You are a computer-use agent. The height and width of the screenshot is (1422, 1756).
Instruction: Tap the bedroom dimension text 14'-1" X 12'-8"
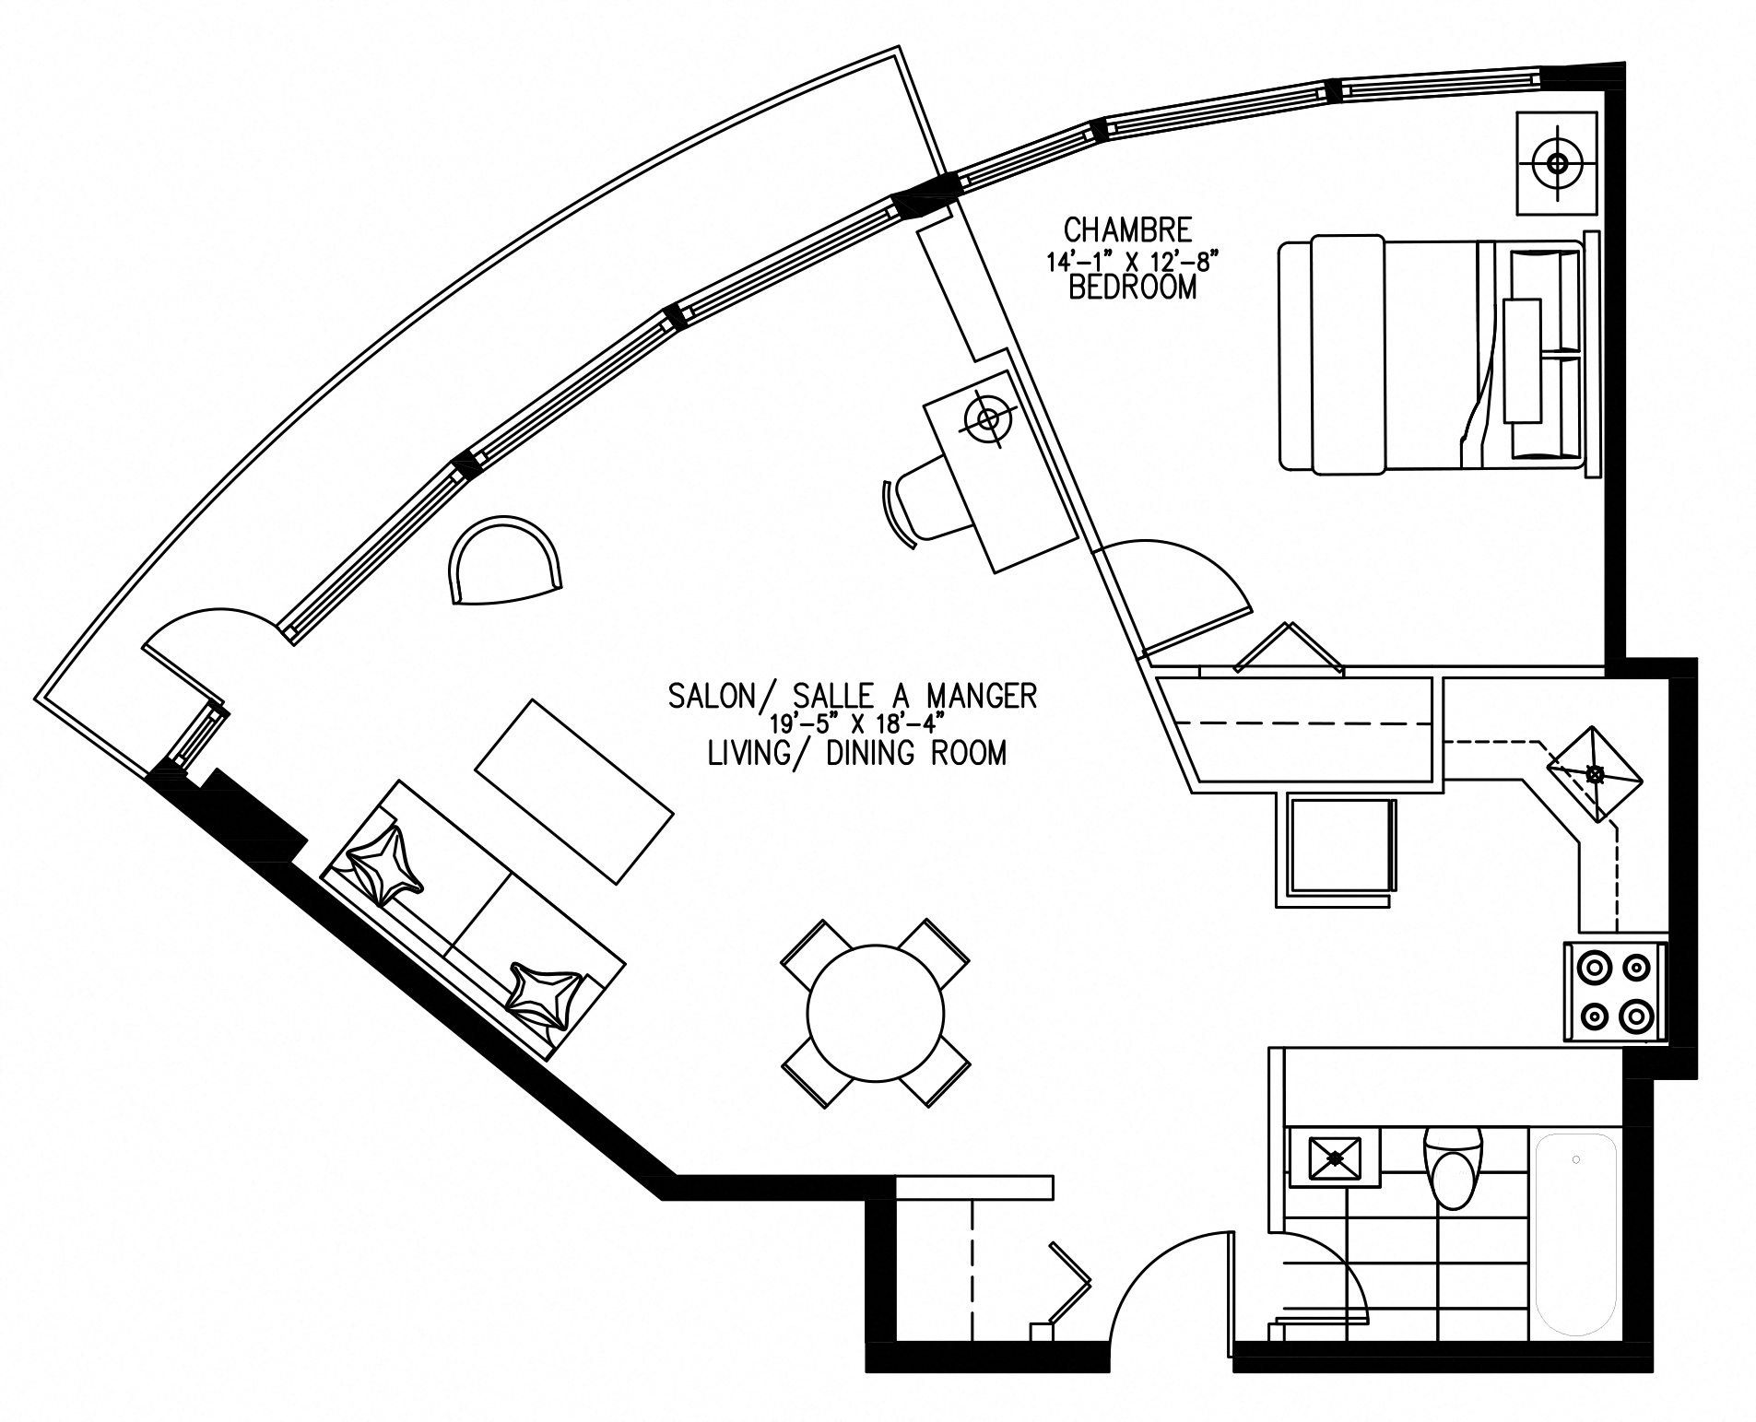click(1125, 261)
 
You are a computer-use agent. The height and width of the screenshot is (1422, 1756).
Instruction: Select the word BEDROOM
click(1133, 288)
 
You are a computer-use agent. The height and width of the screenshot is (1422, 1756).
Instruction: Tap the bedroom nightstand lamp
click(1558, 163)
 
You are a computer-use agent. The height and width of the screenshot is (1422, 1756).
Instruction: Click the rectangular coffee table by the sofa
click(573, 792)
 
